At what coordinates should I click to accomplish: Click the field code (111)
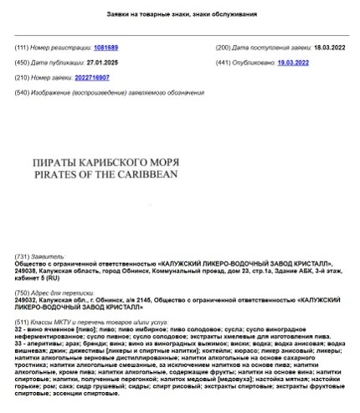tap(24, 49)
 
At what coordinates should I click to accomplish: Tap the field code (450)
tap(24, 63)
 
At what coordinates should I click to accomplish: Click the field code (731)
tap(24, 256)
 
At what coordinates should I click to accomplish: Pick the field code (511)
tap(24, 322)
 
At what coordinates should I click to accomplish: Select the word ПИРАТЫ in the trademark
tap(51, 162)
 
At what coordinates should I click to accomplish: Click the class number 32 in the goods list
tap(19, 330)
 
